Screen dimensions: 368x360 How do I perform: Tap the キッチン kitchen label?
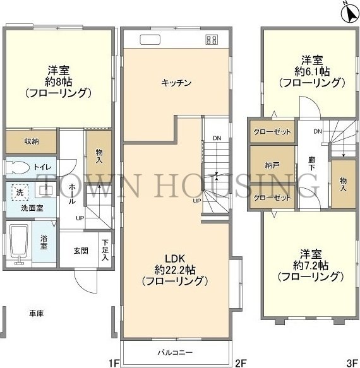coord(176,83)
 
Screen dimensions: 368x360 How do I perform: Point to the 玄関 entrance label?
coord(81,251)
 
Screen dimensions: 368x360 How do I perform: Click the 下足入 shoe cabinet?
coord(104,251)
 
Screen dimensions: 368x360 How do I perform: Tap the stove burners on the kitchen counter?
coord(210,40)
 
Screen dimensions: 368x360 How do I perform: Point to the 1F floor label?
coord(113,362)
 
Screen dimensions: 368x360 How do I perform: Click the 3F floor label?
coord(351,362)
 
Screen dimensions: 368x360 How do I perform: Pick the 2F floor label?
coord(240,362)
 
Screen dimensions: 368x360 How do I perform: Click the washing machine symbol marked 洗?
coord(20,191)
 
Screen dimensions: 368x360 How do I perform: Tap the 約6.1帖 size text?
coord(311,71)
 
